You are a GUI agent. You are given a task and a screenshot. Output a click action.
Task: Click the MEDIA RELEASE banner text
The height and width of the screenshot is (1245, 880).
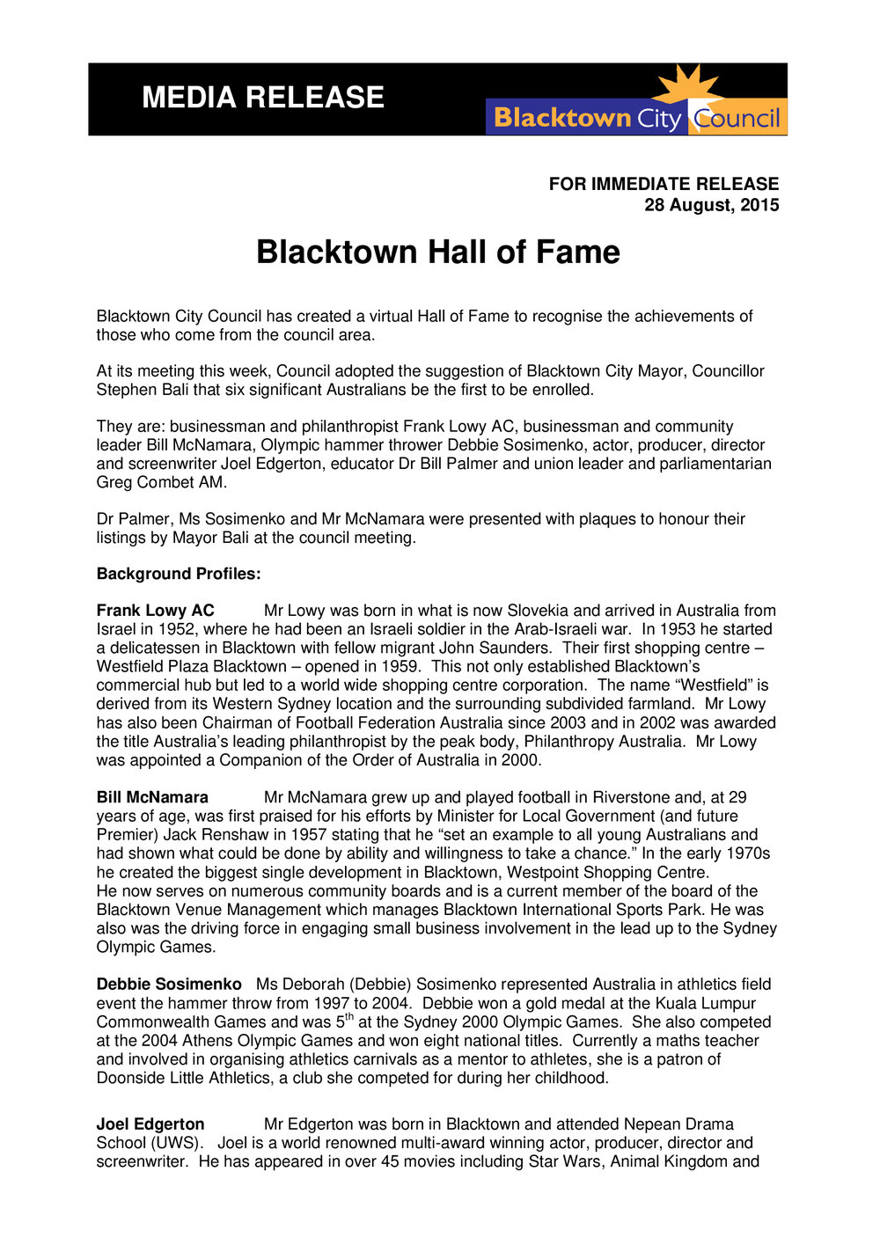click(x=263, y=97)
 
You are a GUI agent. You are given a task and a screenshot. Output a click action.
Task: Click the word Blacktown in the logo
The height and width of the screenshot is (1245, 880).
click(x=562, y=118)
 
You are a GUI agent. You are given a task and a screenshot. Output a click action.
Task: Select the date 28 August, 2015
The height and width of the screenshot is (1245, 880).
click(x=711, y=205)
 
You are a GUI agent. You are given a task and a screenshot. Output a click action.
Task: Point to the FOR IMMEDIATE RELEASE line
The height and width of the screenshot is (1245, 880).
click(x=664, y=184)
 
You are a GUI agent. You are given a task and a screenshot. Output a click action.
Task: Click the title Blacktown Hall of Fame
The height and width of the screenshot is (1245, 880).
click(x=437, y=253)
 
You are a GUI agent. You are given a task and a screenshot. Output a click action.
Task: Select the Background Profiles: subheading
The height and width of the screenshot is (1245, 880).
click(x=179, y=574)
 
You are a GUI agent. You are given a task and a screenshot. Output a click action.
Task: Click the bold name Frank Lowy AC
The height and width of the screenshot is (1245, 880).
click(x=155, y=611)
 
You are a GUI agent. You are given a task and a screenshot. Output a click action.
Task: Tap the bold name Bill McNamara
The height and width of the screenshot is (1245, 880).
click(x=152, y=797)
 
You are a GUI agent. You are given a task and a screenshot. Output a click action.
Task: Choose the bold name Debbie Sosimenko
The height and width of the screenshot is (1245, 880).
click(x=169, y=985)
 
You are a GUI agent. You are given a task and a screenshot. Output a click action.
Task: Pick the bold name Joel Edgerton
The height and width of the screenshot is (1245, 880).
click(x=150, y=1124)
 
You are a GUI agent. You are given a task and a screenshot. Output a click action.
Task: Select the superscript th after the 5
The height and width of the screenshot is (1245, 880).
click(x=349, y=1017)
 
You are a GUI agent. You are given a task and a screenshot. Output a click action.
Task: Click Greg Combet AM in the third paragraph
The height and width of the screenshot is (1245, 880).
click(x=161, y=482)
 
